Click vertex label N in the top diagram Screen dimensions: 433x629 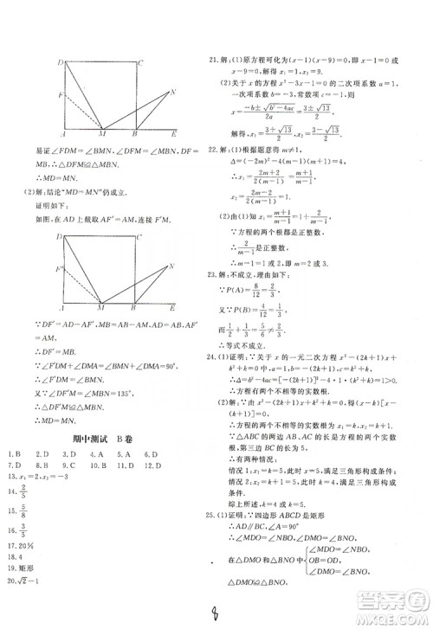[x=174, y=93]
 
